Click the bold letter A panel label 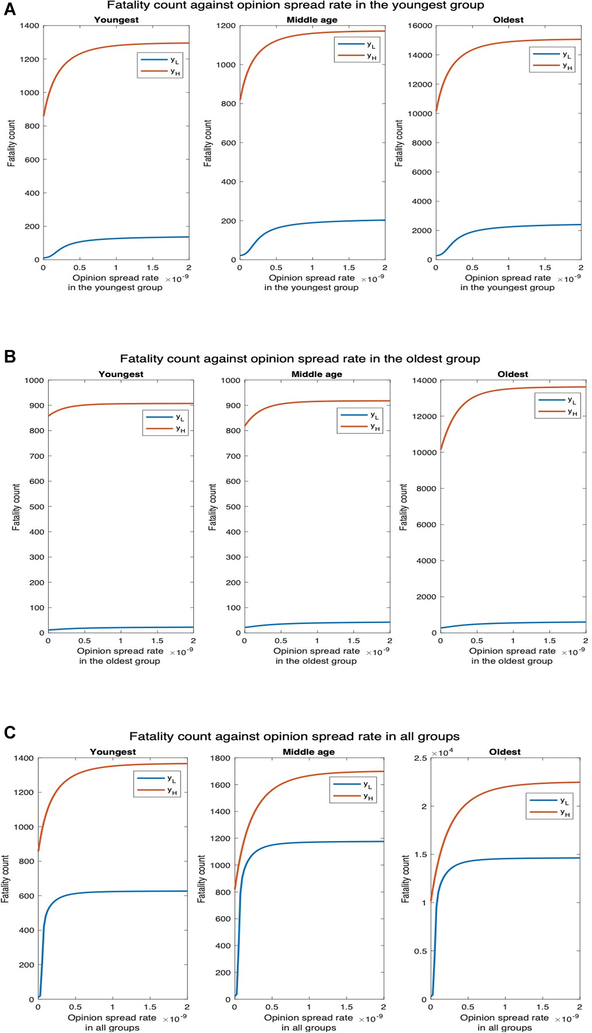pos(9,9)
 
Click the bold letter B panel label pos(9,356)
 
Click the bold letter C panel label pos(9,732)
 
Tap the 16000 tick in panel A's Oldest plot pos(419,26)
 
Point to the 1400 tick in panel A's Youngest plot pos(29,26)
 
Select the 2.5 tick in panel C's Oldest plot pos(420,758)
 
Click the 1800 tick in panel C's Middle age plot pos(220,758)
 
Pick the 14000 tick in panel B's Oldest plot pos(424,380)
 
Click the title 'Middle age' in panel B pos(316,374)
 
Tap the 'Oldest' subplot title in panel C pos(505,752)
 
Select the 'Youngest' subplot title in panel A pos(116,20)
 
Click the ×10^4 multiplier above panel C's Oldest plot pos(442,753)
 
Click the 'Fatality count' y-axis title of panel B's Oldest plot pos(403,507)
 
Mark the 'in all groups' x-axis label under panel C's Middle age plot pos(308,1027)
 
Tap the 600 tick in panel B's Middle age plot pos(233,481)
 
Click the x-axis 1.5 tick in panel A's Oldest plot pos(545,268)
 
